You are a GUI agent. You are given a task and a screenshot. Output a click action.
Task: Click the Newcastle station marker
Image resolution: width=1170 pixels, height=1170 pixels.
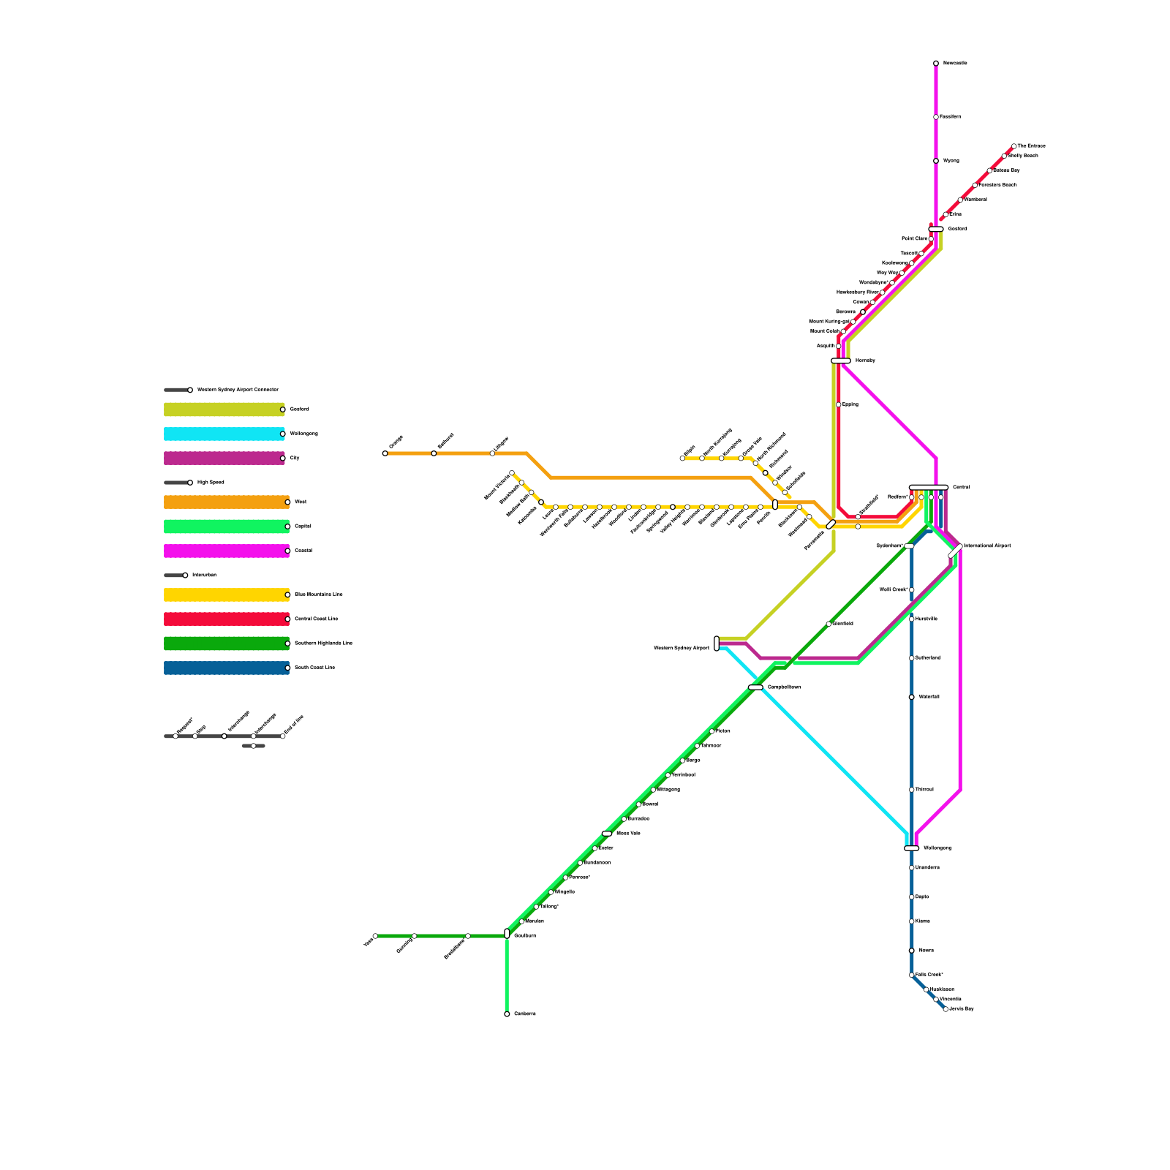tap(936, 64)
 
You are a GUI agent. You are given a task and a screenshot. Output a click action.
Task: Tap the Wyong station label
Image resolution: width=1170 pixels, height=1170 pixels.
tap(951, 161)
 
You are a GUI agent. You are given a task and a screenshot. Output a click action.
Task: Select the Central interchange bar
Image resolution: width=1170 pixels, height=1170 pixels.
tap(929, 487)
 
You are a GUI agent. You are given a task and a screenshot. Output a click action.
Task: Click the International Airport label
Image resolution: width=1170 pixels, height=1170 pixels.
tap(987, 546)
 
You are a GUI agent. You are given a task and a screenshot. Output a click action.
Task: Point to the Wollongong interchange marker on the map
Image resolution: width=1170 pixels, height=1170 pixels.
tap(911, 848)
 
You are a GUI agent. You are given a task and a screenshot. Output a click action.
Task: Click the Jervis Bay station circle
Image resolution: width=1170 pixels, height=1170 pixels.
tap(946, 1009)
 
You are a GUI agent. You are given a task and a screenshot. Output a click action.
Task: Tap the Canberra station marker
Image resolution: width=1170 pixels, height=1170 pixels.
tap(507, 1014)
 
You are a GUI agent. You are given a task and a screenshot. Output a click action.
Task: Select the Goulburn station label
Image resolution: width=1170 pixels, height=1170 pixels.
tap(525, 936)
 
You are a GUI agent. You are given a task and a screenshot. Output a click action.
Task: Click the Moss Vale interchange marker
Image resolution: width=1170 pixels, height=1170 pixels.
tap(607, 834)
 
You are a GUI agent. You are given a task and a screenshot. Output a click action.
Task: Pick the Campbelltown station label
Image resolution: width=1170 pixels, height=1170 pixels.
tap(784, 687)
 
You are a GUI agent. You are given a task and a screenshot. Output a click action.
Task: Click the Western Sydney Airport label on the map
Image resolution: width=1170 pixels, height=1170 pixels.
tap(681, 648)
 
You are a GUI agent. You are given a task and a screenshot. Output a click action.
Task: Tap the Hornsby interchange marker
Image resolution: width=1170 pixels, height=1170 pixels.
tap(841, 361)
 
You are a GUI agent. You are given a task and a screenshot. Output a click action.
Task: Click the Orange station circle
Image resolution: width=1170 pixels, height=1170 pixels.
tap(385, 453)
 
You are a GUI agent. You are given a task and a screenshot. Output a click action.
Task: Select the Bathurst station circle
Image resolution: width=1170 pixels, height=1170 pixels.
tap(434, 453)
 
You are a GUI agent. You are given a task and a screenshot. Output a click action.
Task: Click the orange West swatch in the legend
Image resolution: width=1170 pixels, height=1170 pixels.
tap(226, 502)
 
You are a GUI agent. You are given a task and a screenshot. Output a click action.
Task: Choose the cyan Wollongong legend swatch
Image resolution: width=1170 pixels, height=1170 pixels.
tap(224, 434)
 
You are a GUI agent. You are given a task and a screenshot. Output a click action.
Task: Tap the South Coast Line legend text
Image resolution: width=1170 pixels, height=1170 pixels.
tap(314, 668)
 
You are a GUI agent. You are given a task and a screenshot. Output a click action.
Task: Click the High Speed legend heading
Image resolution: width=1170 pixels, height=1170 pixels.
tap(210, 483)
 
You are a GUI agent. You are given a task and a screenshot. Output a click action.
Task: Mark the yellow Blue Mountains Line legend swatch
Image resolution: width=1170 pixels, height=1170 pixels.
tap(226, 595)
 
